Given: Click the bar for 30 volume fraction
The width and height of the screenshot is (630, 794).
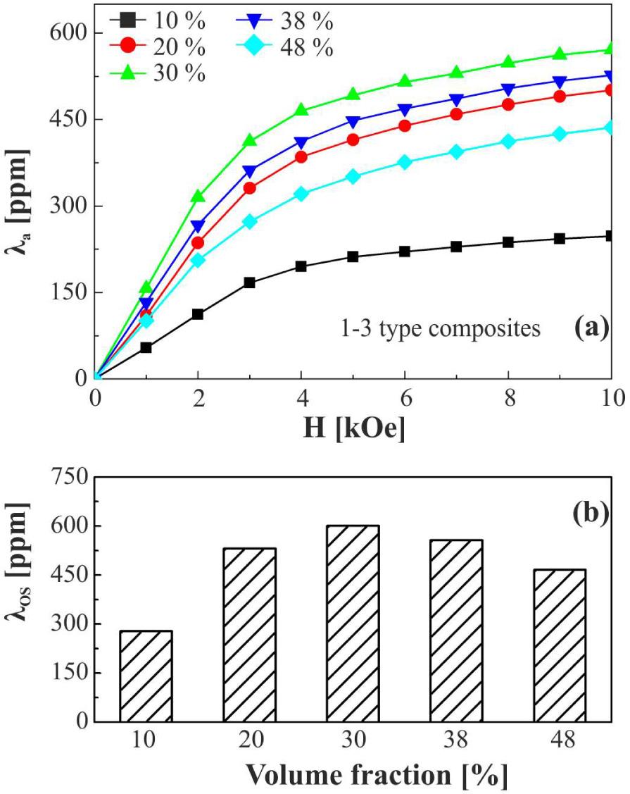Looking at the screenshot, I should click(x=353, y=624).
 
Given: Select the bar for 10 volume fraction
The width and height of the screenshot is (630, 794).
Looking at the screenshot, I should click(x=146, y=676).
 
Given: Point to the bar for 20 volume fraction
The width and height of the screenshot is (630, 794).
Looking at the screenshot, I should click(x=250, y=635).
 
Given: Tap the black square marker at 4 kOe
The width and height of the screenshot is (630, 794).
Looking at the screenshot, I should click(x=301, y=266).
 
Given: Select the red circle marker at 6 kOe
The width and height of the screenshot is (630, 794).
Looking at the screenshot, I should click(x=405, y=125).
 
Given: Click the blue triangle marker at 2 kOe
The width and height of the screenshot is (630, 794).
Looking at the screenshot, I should click(x=199, y=226).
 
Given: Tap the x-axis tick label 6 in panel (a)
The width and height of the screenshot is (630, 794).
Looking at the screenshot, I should click(x=405, y=399).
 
